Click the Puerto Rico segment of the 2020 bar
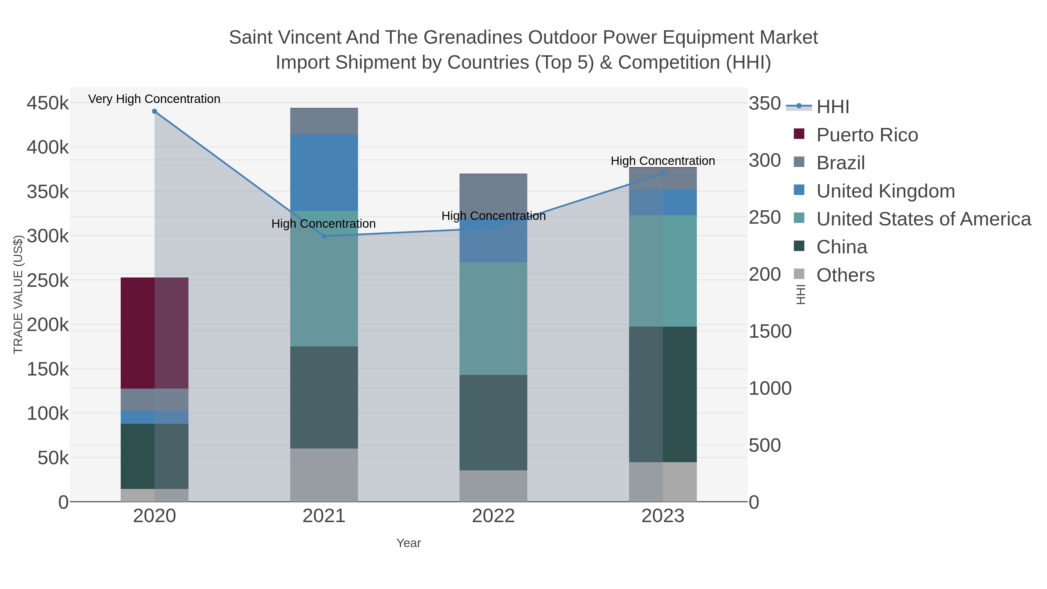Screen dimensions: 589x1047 (154, 333)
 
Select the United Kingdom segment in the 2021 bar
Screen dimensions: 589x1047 (324, 172)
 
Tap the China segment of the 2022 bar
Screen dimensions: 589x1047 (493, 422)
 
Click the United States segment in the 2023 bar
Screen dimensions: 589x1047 (663, 271)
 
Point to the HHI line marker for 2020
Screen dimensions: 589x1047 (154, 111)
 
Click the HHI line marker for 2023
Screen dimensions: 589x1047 (663, 174)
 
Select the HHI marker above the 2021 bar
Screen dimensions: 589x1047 (324, 236)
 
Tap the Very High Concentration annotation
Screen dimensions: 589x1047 (154, 99)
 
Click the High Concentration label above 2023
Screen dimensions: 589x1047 (663, 161)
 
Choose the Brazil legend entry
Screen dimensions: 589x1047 (840, 163)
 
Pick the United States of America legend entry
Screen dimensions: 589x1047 (923, 219)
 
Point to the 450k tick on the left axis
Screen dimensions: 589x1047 (48, 103)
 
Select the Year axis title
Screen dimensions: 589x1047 (409, 543)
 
